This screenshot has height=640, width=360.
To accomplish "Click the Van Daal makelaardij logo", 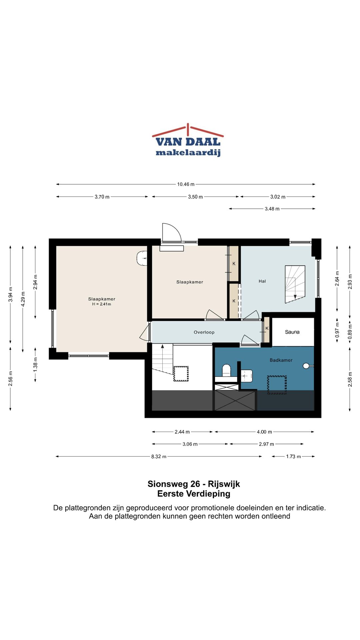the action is tap(188, 140).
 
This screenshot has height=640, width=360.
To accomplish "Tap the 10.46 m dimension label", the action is tap(186, 184).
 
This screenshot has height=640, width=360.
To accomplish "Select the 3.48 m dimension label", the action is tap(272, 209).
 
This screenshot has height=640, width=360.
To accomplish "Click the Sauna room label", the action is tap(292, 332).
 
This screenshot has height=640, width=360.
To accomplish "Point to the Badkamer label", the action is tap(281, 360).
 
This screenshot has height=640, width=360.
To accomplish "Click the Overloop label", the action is tap(204, 332).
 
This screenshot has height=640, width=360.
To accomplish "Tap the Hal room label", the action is tap(262, 281).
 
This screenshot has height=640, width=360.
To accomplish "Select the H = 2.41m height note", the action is tap(102, 304).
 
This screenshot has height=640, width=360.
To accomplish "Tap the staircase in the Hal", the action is tap(295, 284).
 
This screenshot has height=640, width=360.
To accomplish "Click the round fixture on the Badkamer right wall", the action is tap(306, 366).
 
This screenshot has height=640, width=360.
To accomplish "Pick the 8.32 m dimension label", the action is tap(159, 457).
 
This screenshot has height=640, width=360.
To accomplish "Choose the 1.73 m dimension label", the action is tap(293, 457).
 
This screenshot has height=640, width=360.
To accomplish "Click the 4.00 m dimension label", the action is tap(264, 432).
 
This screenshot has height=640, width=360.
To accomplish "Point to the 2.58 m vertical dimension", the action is tap(350, 379).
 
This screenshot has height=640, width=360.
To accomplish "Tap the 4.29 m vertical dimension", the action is tap(23, 299).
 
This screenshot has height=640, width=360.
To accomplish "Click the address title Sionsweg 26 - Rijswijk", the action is tap(194, 484).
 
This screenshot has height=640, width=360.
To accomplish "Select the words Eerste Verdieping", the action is tap(194, 494).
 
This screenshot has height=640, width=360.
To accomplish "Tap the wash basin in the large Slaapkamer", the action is tap(142, 258).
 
